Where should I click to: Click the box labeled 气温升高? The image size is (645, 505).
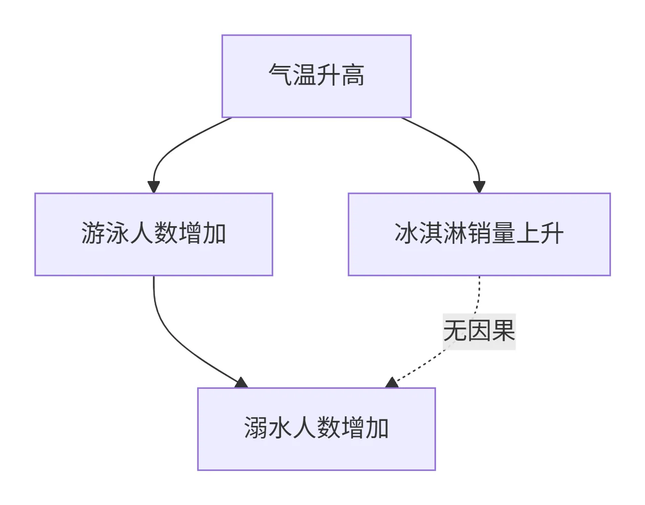[316, 76]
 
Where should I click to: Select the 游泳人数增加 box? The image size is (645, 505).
[153, 234]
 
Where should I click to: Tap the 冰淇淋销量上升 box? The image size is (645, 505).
[479, 234]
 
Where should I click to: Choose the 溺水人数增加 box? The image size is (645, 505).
[316, 429]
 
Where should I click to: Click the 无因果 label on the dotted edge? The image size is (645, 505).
[479, 331]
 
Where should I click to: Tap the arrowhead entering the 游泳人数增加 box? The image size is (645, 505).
[154, 187]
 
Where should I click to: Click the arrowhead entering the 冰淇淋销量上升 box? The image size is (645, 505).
[479, 187]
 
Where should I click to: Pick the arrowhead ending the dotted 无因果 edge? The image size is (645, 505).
[392, 382]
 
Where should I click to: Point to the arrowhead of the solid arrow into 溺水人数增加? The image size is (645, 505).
[241, 382]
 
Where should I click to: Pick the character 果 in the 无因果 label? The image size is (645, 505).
[503, 331]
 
